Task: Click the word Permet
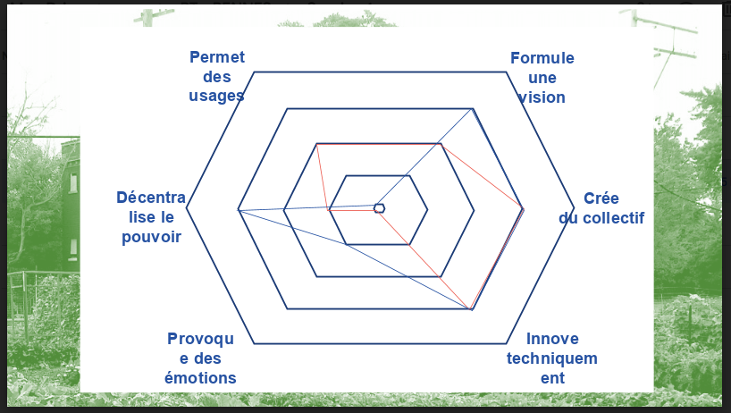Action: pos(217,57)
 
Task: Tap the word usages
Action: pos(216,96)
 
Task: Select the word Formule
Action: pos(542,58)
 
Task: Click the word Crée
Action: pos(601,198)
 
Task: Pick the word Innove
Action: pos(552,339)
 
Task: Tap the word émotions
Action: pos(201,378)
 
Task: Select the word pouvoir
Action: pos(152,237)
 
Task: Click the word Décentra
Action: pos(151,198)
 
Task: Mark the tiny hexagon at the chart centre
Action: pos(379,208)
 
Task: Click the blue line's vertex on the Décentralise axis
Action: pos(239,209)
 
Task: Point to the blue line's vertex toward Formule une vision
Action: pos(473,109)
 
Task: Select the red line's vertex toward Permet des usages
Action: pos(317,144)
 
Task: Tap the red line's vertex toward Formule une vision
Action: pos(442,143)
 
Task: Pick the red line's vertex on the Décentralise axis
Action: pos(329,210)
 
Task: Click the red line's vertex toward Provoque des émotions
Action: pos(379,210)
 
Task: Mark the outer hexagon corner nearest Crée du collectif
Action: pos(573,209)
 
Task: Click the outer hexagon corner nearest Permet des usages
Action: pos(256,72)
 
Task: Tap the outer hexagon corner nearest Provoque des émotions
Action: pos(256,343)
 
